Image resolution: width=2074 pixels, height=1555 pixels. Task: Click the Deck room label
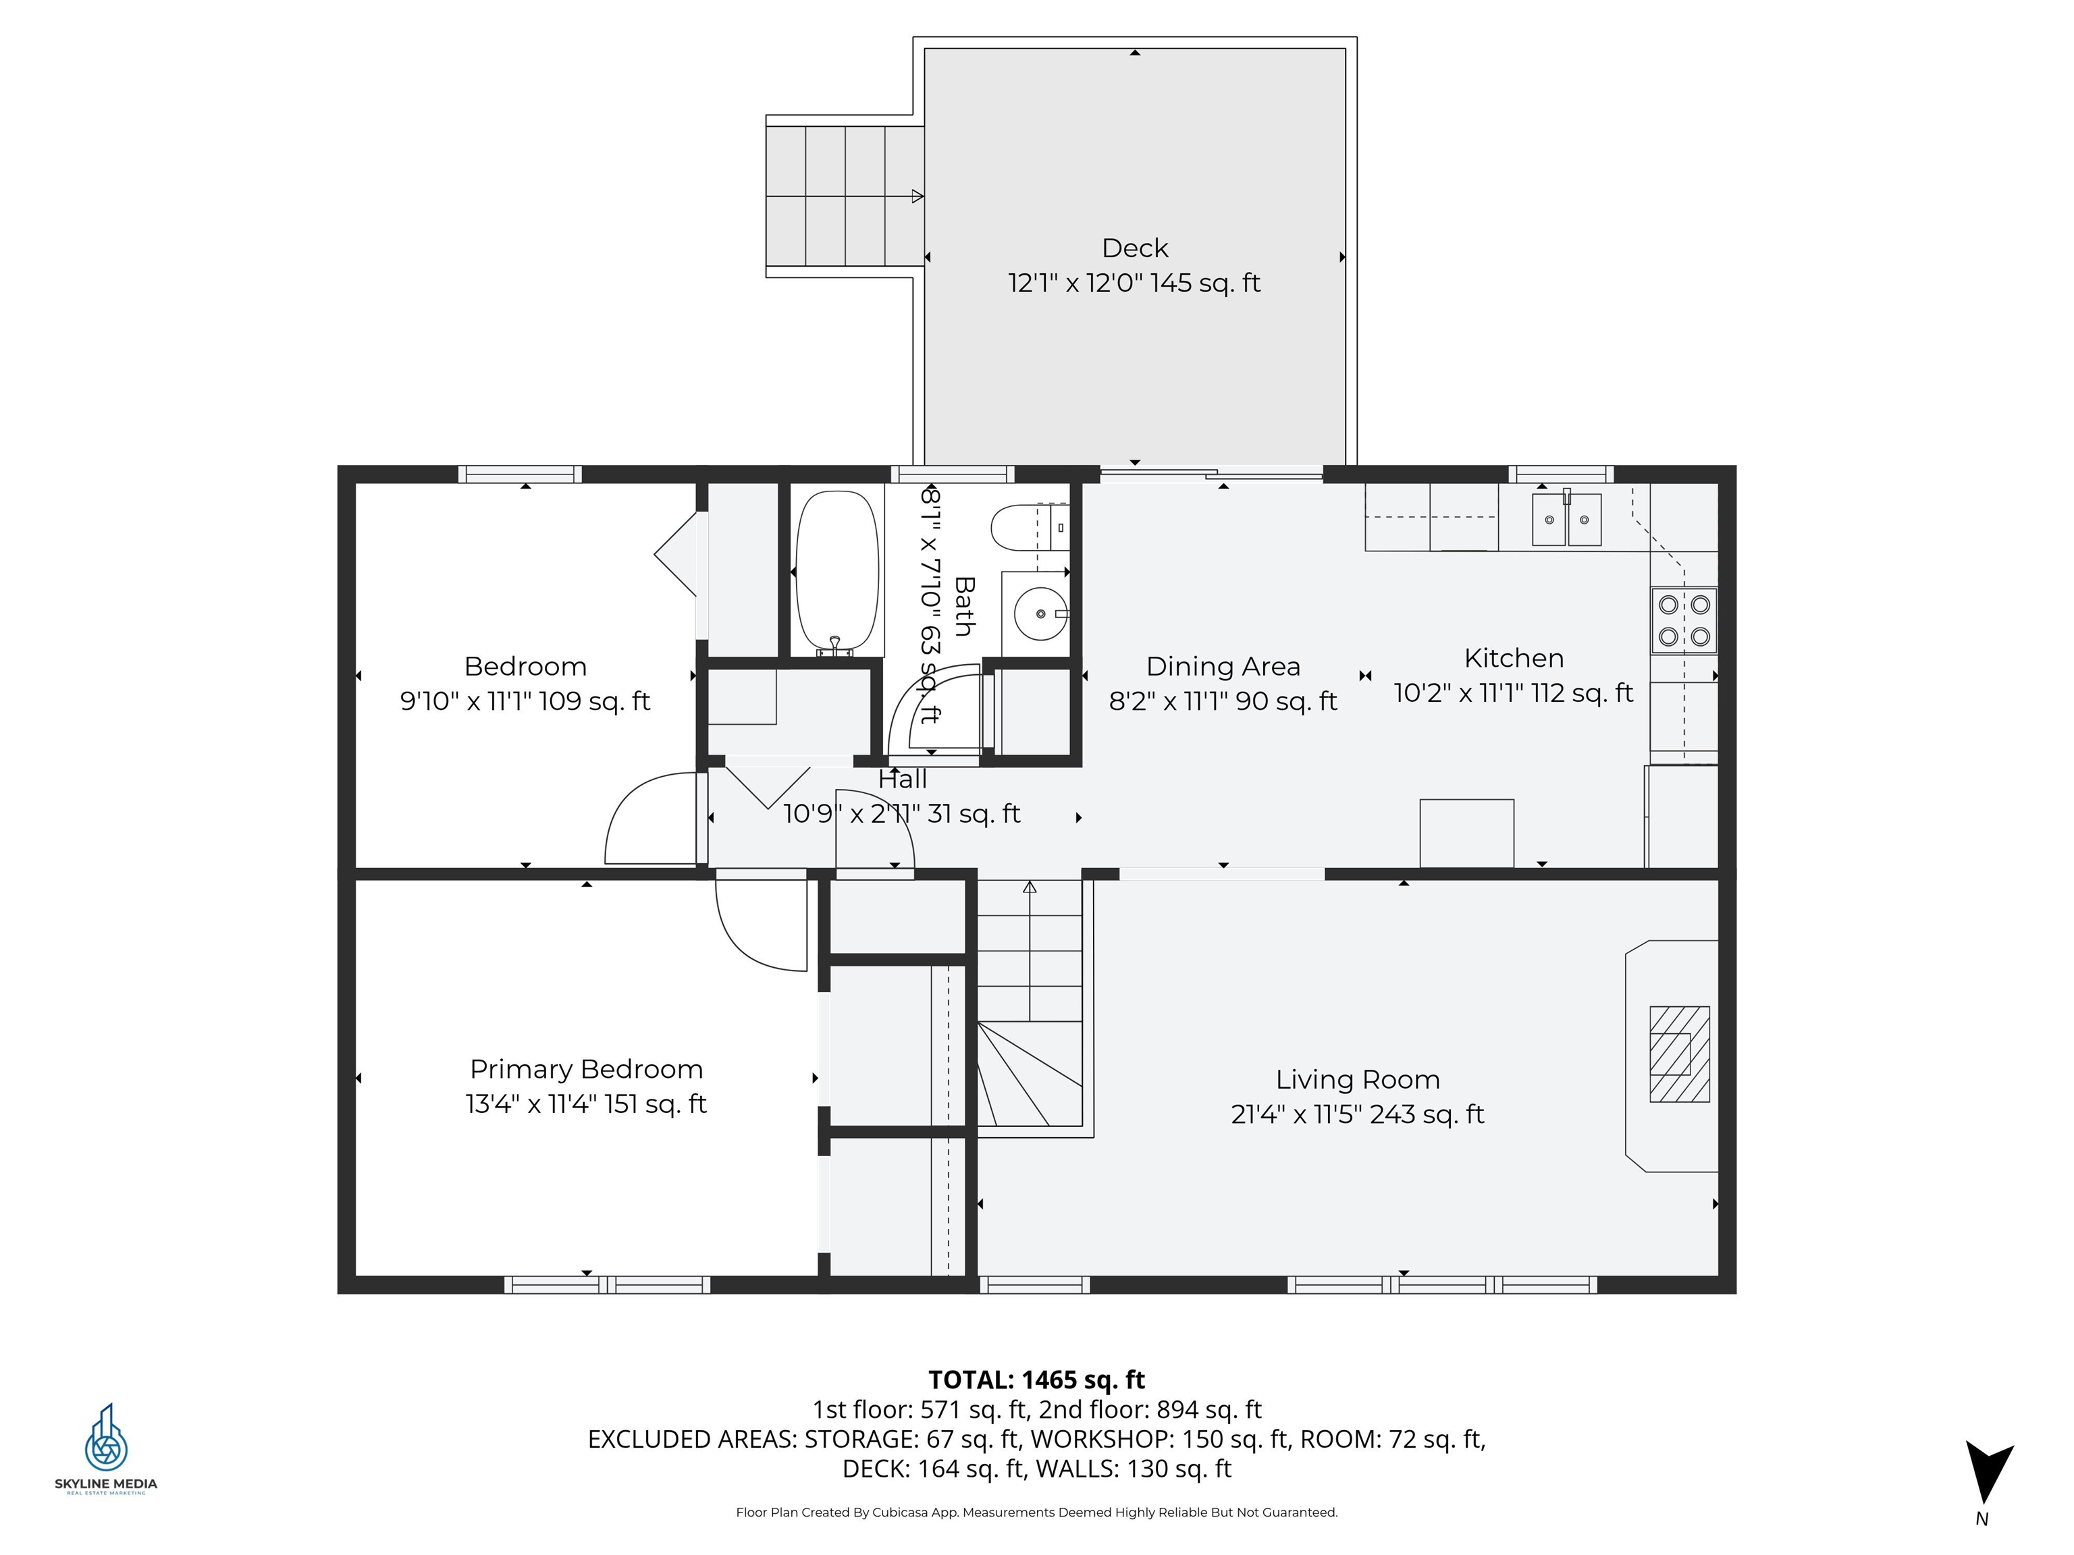pos(1134,248)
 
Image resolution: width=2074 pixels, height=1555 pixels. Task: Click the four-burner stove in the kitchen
pos(1684,620)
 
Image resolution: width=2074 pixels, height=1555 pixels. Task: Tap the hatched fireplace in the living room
pos(1679,1054)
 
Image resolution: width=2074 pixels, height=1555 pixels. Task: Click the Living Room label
pos(1358,1080)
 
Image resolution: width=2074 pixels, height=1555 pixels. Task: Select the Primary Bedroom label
pos(586,1070)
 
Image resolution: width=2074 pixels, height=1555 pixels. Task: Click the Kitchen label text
pos(1514,658)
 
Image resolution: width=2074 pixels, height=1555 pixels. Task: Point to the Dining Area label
pos(1223,666)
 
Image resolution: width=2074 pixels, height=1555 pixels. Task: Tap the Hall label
pos(902,779)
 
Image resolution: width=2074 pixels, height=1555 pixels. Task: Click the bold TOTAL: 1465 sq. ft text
pos(1036,1380)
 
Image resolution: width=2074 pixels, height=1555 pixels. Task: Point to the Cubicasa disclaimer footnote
pos(1036,1512)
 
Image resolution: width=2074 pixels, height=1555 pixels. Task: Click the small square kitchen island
pos(1466,834)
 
